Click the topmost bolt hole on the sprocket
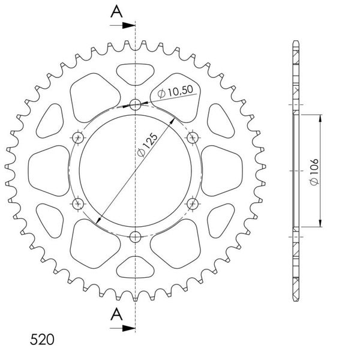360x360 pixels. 136,105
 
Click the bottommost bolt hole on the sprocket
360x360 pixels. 136,236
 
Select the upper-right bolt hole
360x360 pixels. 193,138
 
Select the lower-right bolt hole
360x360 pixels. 193,204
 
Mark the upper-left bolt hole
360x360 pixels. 79,138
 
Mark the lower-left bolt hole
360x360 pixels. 79,204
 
